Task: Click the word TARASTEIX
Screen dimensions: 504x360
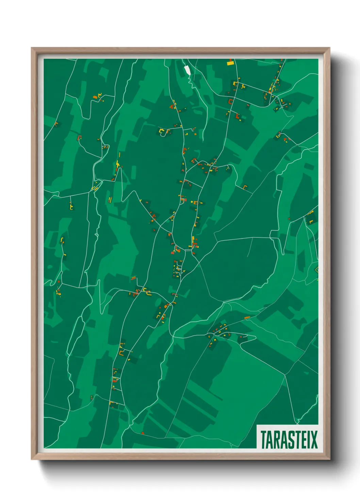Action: [289, 439]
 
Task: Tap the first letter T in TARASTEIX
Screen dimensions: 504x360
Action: [263, 439]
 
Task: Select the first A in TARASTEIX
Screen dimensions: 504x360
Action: [270, 439]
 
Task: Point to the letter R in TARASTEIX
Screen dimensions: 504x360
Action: [276, 439]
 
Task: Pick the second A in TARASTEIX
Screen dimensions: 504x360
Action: [283, 439]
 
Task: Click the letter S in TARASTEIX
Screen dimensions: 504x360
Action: [290, 439]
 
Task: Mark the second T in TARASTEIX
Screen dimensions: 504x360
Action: [296, 439]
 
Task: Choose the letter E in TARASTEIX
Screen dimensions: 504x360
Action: [302, 439]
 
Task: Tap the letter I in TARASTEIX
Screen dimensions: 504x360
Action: [307, 439]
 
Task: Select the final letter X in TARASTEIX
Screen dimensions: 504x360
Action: [313, 439]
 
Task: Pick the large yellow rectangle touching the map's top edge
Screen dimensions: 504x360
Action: [230, 62]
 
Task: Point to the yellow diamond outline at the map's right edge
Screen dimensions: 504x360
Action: [317, 270]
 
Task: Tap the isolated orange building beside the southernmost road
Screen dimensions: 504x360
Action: [143, 433]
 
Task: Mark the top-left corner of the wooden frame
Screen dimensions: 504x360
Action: [32, 48]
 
